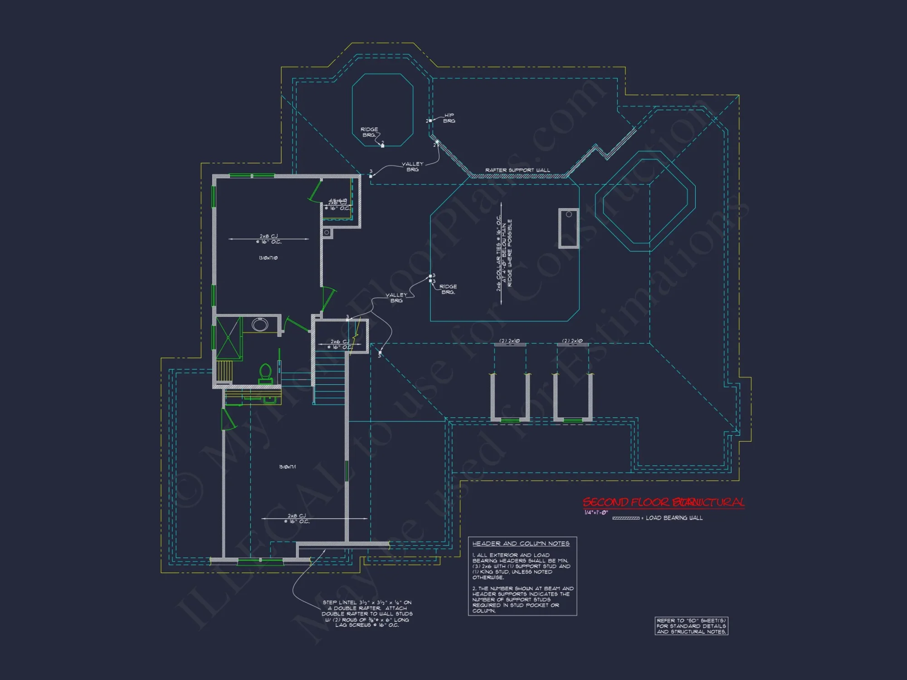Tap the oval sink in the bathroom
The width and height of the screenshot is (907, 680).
point(260,325)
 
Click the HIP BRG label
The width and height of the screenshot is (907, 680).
point(449,118)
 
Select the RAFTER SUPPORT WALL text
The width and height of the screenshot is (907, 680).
point(517,170)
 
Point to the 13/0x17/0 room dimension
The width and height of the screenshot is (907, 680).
point(268,258)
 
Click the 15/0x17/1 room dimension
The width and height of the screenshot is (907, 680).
point(288,467)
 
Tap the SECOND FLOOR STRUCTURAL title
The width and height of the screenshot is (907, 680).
point(663,502)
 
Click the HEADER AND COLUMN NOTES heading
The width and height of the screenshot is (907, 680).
point(521,544)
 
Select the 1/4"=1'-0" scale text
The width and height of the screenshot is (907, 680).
point(596,513)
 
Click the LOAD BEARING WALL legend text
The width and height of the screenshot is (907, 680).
point(674,518)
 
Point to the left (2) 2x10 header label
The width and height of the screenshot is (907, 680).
point(510,341)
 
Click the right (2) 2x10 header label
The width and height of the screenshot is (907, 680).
point(572,341)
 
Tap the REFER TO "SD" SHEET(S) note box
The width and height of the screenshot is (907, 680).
point(691,626)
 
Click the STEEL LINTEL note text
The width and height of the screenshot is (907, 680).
point(367,614)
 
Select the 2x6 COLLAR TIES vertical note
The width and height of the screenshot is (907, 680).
point(504,253)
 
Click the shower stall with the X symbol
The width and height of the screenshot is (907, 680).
point(229,338)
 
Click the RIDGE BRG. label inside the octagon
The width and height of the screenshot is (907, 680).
point(369,132)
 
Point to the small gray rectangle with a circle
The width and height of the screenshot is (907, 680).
point(569,228)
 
